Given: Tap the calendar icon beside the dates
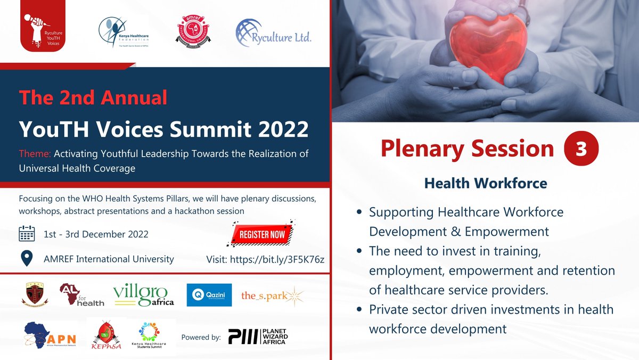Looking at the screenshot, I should (27, 234).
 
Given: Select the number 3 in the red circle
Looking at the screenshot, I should (581, 149).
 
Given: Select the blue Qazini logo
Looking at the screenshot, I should (209, 295).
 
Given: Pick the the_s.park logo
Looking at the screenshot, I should (272, 295).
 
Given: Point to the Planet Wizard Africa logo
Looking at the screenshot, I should (257, 337).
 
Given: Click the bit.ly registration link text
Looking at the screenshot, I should (265, 259).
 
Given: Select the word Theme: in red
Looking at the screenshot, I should (35, 153).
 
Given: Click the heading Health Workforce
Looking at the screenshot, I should (486, 183).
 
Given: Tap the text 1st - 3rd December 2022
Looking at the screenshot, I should (96, 234).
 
